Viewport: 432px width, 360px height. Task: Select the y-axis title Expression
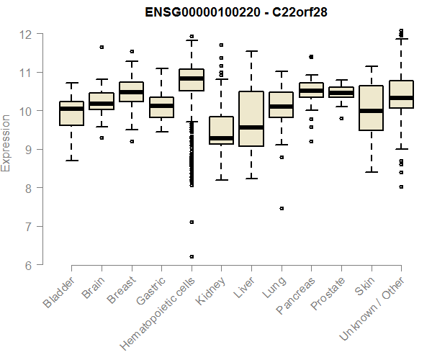click(x=6, y=142)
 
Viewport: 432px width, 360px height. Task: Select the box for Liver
click(x=251, y=119)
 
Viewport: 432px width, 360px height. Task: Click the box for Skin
click(x=371, y=108)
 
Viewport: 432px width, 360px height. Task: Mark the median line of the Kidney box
click(x=221, y=138)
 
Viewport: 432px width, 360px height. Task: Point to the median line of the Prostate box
click(x=341, y=93)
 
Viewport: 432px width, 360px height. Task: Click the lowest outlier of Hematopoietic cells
click(x=192, y=256)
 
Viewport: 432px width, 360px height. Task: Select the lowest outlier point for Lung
click(x=282, y=208)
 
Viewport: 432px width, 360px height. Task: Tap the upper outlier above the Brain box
click(x=102, y=47)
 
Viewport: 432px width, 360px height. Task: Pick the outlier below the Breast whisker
click(x=131, y=141)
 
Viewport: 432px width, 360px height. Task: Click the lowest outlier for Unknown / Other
click(x=401, y=186)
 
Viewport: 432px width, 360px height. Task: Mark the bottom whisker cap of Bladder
click(x=71, y=160)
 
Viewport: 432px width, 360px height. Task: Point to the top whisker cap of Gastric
click(x=161, y=68)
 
